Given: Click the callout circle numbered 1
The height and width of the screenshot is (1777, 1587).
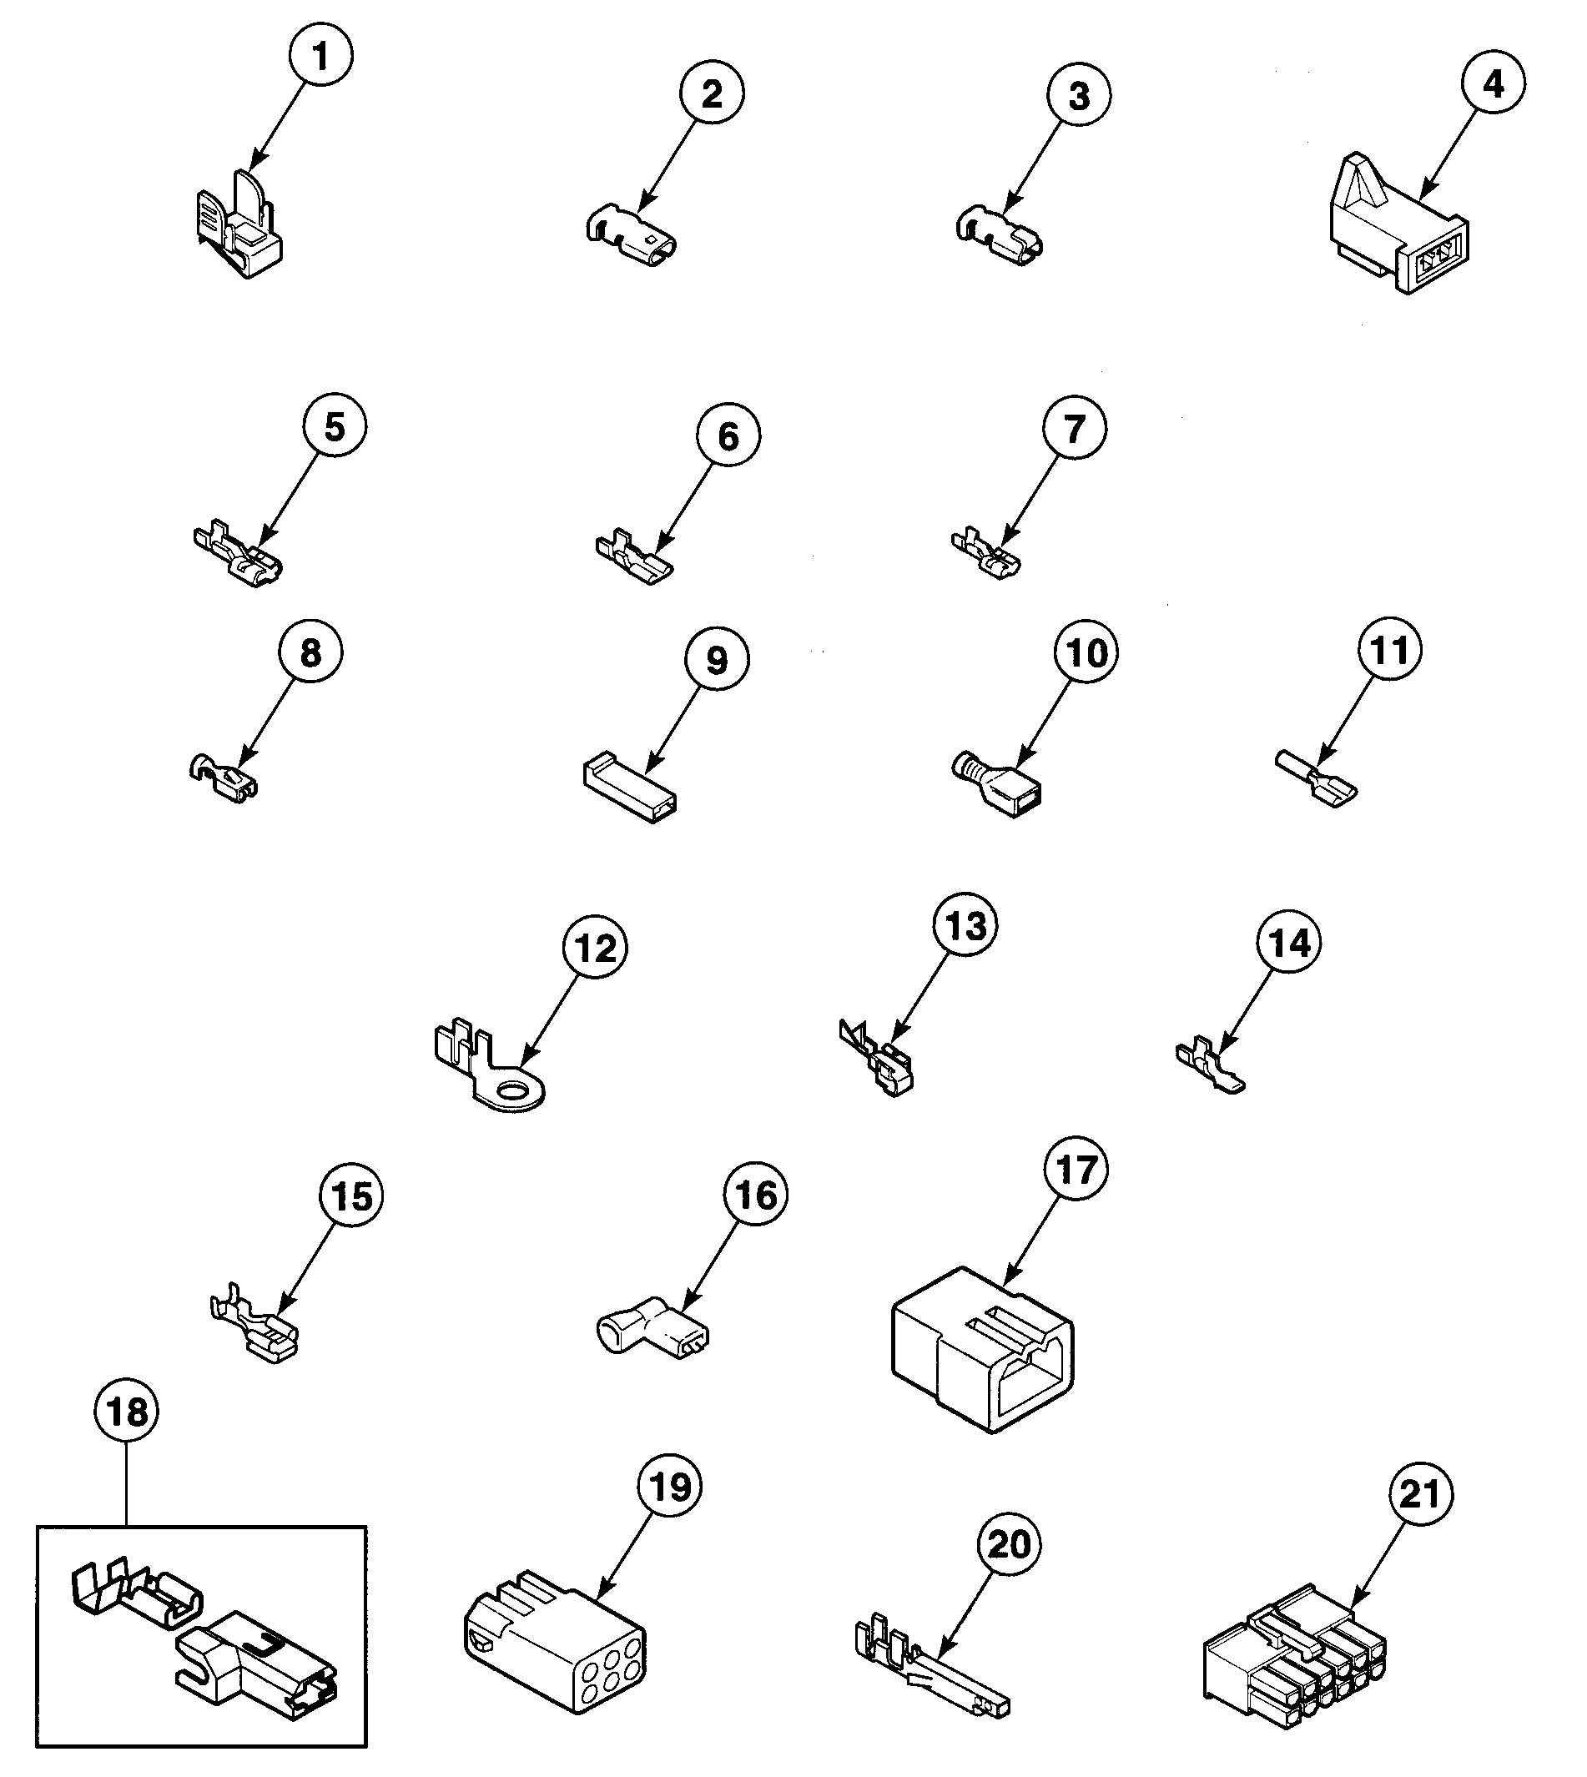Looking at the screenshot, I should pyautogui.click(x=321, y=55).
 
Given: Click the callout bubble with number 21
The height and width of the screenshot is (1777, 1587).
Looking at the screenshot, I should pyautogui.click(x=1418, y=1494).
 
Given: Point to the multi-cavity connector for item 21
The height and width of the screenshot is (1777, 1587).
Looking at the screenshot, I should pyautogui.click(x=1294, y=1656).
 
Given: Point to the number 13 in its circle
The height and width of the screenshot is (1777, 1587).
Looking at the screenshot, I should pyautogui.click(x=965, y=926).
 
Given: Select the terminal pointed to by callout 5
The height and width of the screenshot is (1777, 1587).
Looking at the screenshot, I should pyautogui.click(x=238, y=556).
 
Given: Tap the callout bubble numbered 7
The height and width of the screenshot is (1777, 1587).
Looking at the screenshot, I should pyautogui.click(x=1075, y=428).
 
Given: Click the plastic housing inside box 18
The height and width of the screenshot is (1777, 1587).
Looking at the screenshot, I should pyautogui.click(x=257, y=1674).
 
